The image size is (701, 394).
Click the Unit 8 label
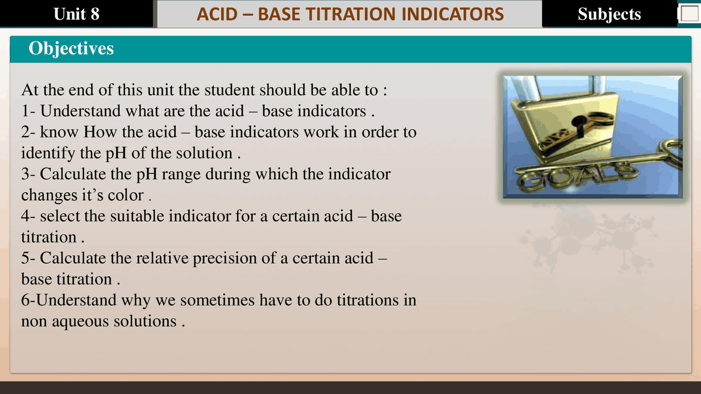(77, 14)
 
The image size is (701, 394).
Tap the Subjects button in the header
(609, 14)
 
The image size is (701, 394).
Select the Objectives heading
(71, 48)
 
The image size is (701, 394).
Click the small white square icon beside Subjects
(689, 14)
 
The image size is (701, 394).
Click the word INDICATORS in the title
(452, 14)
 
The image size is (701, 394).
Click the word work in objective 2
(321, 132)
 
